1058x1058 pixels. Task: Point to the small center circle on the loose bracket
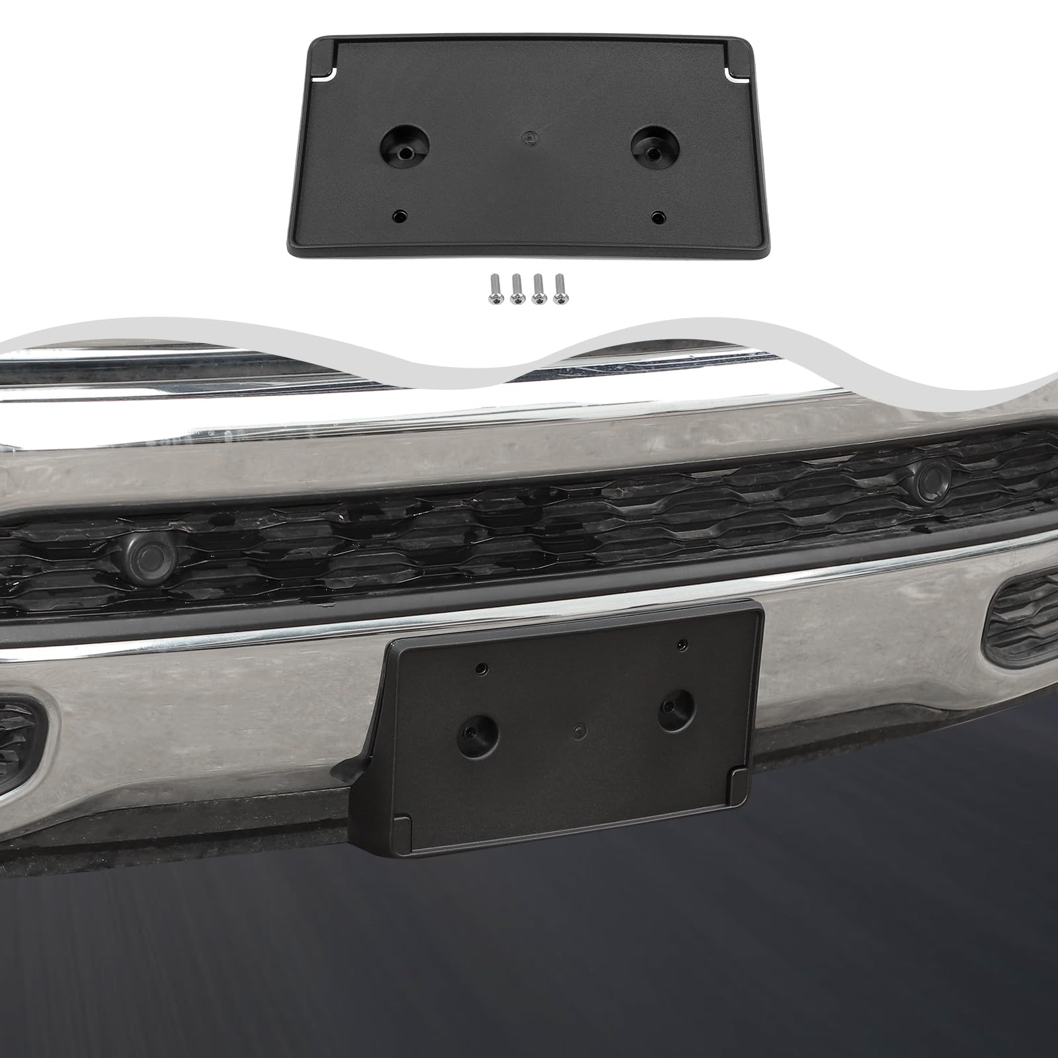click(528, 136)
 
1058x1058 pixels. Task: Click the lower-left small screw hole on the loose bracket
click(400, 216)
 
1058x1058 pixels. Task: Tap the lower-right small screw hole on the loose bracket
click(657, 216)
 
